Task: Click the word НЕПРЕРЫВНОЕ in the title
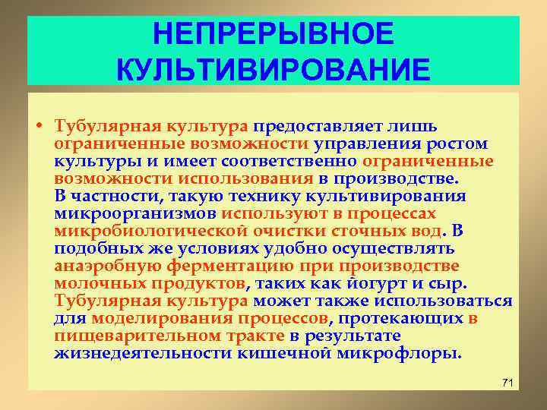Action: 273,34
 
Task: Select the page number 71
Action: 508,380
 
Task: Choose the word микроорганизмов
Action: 136,213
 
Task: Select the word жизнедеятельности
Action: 132,354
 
